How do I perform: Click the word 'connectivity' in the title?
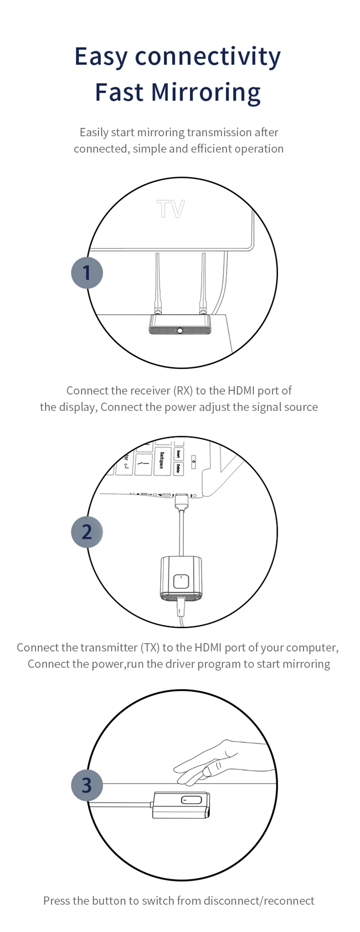coord(208,57)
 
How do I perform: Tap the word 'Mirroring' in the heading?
coord(206,92)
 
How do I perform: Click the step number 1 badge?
coord(87,273)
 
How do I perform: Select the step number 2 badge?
coord(87,531)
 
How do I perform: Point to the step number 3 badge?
coord(87,785)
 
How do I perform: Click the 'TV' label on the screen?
coord(171,209)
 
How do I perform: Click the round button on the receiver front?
coord(180,331)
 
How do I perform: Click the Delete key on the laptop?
coord(179,468)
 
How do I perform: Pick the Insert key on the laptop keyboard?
coord(179,453)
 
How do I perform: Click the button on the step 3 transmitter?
coord(191,800)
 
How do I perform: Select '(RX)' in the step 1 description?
coord(183,390)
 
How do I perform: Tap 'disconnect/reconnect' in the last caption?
coord(259,900)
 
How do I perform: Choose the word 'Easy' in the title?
coord(101,57)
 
